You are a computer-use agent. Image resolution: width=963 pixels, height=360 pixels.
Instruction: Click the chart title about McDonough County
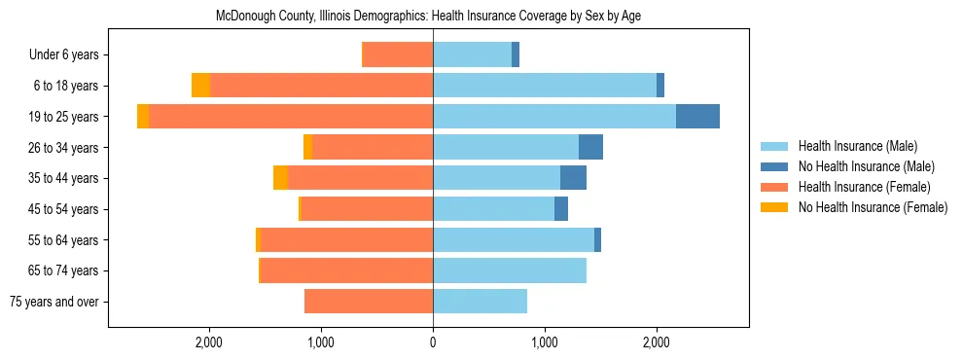[x=427, y=17]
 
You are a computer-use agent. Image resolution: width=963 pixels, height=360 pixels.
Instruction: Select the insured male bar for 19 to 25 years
[x=554, y=117]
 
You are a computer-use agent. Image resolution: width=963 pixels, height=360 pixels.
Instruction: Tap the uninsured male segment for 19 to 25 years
[x=697, y=117]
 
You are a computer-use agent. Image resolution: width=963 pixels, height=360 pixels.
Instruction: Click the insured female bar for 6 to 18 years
[x=321, y=86]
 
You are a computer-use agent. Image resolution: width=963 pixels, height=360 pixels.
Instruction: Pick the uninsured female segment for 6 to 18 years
[x=200, y=86]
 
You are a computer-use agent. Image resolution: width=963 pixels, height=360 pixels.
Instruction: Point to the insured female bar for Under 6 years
[x=397, y=54]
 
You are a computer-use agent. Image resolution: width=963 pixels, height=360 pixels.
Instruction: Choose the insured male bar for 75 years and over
[x=480, y=302]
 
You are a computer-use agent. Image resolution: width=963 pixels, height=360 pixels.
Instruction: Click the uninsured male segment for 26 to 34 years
[x=590, y=147]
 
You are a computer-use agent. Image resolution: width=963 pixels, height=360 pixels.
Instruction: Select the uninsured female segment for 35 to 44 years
[x=280, y=178]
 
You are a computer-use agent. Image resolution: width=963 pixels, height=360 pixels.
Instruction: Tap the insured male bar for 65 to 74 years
[x=510, y=270]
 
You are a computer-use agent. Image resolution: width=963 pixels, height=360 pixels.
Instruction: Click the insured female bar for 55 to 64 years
[x=346, y=240]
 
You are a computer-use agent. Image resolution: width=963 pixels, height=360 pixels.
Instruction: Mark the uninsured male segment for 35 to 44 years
[x=573, y=178]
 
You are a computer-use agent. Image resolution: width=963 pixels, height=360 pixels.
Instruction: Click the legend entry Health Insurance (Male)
[x=857, y=146]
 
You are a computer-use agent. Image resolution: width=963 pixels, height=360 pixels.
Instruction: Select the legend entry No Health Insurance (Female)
[x=872, y=207]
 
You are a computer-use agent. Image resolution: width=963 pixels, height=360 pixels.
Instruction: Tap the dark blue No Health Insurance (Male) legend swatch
[x=774, y=166]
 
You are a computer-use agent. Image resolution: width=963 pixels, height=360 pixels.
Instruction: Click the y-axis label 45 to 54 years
[x=64, y=209]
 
